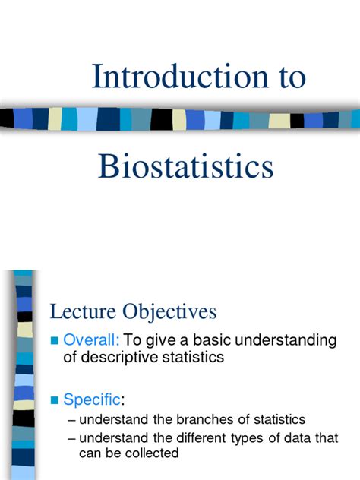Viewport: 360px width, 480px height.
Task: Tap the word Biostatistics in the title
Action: (186, 166)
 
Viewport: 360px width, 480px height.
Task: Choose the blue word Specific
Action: (91, 399)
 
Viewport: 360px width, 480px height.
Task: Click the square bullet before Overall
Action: (54, 341)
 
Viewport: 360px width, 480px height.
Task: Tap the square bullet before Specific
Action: (54, 399)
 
